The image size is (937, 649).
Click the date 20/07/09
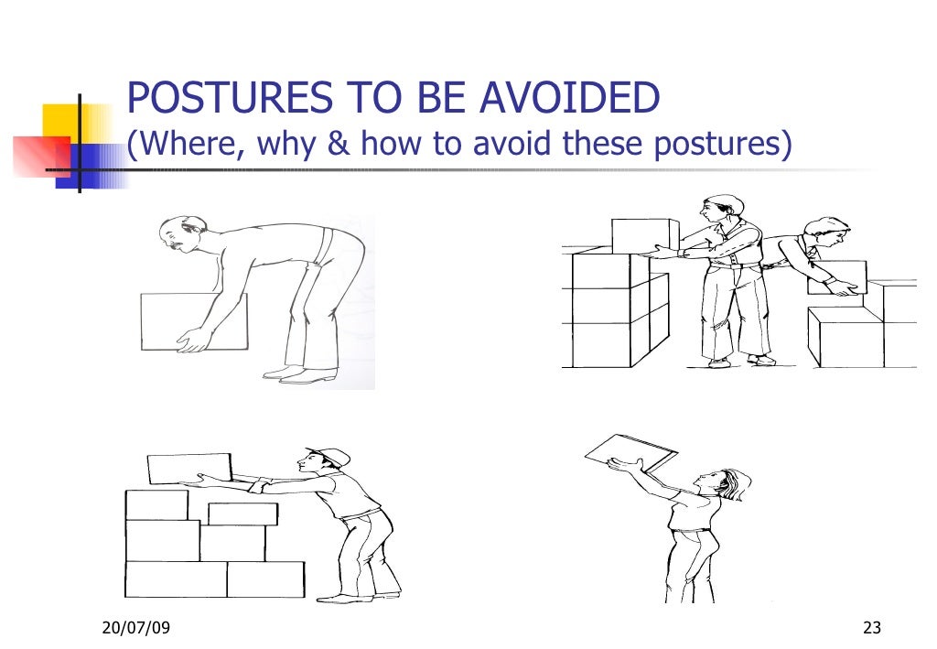[134, 627]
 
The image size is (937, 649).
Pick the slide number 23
[871, 627]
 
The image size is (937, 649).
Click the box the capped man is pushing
[189, 469]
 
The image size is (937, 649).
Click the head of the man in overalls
[719, 212]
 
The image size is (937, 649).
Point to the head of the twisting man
[827, 234]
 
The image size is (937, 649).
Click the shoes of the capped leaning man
[357, 597]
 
